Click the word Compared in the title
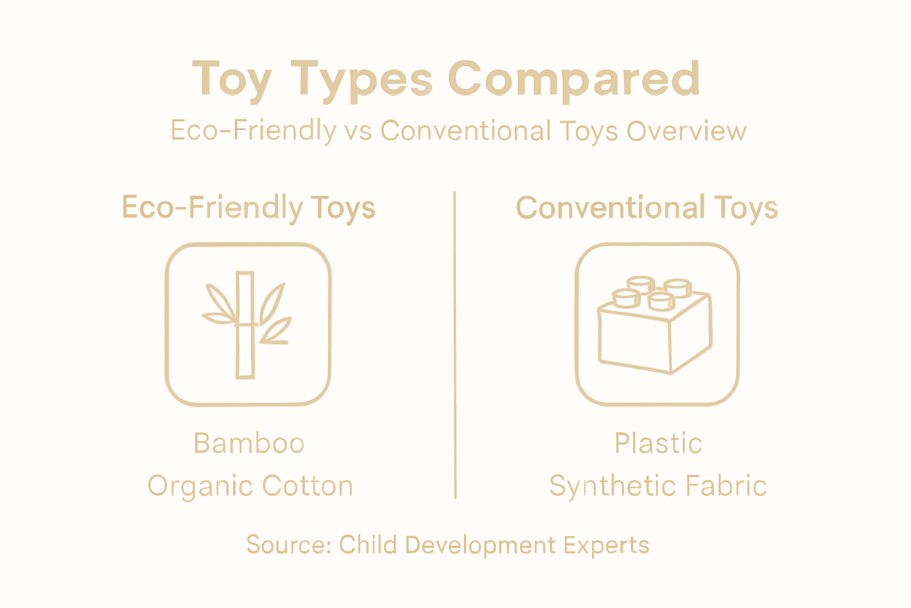point(574,78)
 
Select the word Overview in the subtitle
point(686,131)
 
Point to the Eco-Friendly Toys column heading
point(249,208)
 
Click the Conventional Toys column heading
point(646,208)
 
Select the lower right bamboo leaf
point(276,331)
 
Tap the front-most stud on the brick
point(661,300)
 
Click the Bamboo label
point(249,444)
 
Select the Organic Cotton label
point(250,486)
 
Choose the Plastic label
point(658,444)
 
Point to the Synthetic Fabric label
point(658,486)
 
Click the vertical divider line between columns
point(455,344)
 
